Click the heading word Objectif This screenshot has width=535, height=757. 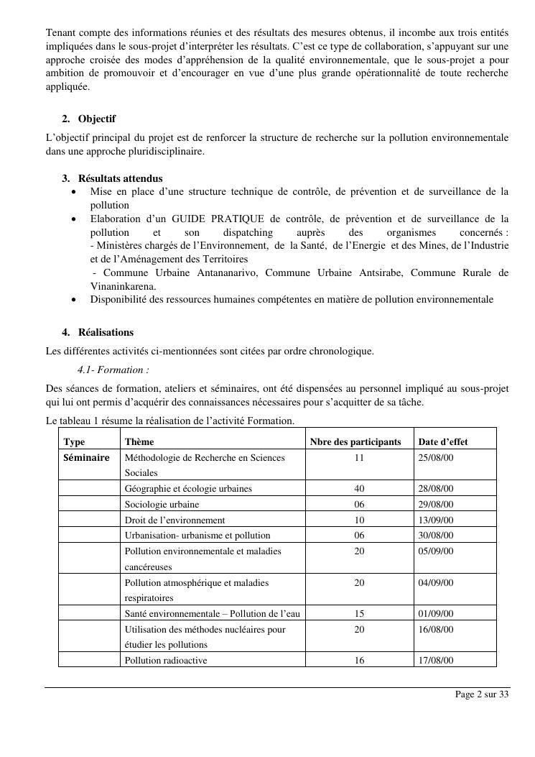(x=97, y=119)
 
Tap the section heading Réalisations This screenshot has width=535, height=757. (x=106, y=333)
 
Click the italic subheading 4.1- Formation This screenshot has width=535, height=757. (x=113, y=370)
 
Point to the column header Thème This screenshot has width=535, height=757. (x=139, y=442)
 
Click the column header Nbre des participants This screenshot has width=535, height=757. (x=355, y=442)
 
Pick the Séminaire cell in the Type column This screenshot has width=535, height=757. (x=87, y=458)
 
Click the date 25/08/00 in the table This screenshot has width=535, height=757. (x=436, y=458)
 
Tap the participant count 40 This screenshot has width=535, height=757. (x=359, y=489)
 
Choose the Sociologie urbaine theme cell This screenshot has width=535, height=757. (x=162, y=505)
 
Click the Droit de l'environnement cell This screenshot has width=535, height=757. (x=175, y=520)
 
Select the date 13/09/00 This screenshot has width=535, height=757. (x=436, y=520)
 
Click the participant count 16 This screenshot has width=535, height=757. (x=359, y=661)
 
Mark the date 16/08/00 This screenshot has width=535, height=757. (x=436, y=629)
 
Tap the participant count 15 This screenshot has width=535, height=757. (x=359, y=614)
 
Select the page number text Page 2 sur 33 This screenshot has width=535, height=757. (x=482, y=694)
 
